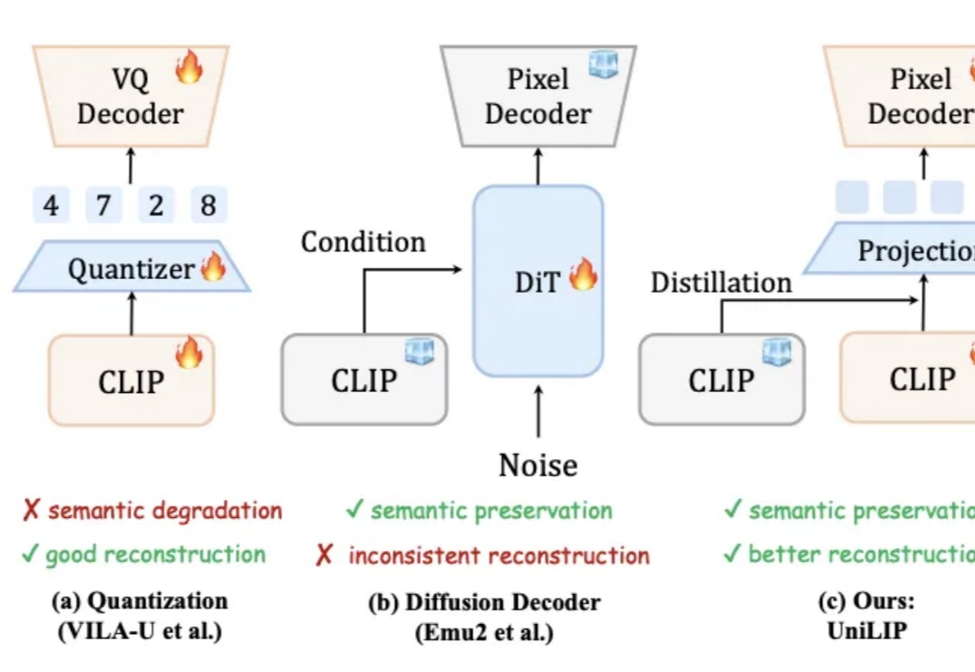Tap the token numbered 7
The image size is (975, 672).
(x=103, y=206)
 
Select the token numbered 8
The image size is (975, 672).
(x=208, y=206)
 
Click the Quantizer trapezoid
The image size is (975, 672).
(x=130, y=268)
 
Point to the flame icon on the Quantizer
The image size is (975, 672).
(x=213, y=266)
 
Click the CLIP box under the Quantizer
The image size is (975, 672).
(x=131, y=380)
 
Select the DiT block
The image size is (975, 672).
(x=538, y=281)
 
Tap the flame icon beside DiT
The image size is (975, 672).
(x=583, y=274)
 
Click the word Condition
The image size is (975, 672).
(x=363, y=243)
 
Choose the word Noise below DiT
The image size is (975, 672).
(x=538, y=466)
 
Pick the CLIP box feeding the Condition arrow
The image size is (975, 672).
(x=363, y=379)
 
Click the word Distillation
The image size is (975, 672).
(x=720, y=283)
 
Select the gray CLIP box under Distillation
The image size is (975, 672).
(x=721, y=379)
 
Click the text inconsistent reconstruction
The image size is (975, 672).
(x=497, y=555)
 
